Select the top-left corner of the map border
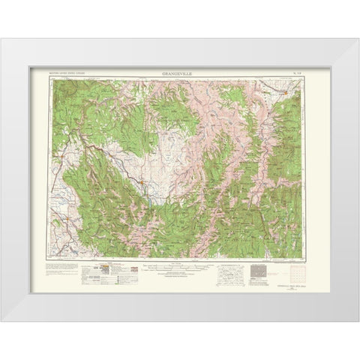point(51,77)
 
